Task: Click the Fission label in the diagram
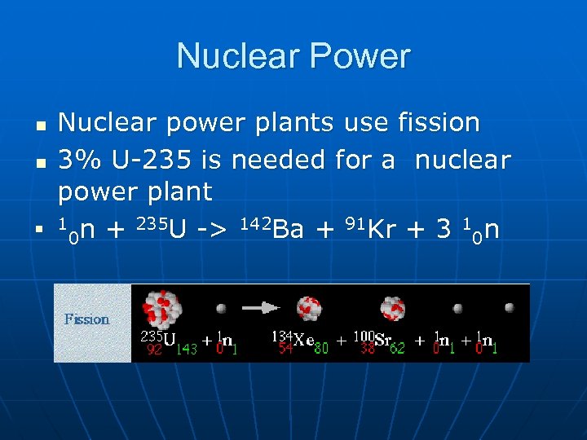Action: click(87, 319)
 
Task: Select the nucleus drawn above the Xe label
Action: click(308, 308)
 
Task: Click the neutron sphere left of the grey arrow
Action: click(221, 309)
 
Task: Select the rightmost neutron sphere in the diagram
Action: click(510, 308)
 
